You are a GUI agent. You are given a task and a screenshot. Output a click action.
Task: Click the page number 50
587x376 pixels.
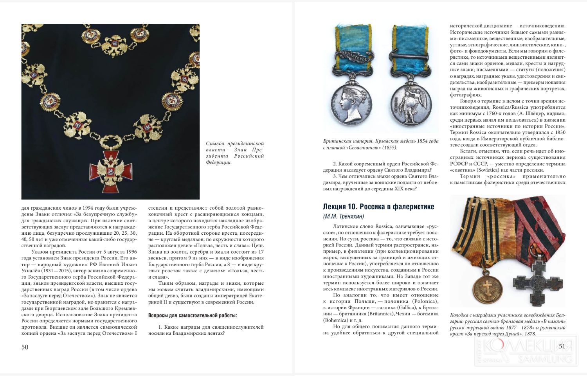[25, 347]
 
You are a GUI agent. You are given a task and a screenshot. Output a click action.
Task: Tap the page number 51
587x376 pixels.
[562, 346]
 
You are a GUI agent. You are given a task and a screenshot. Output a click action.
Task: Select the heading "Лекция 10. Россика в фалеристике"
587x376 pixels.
[378, 207]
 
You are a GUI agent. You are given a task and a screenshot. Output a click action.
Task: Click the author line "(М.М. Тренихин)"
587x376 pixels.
[343, 216]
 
